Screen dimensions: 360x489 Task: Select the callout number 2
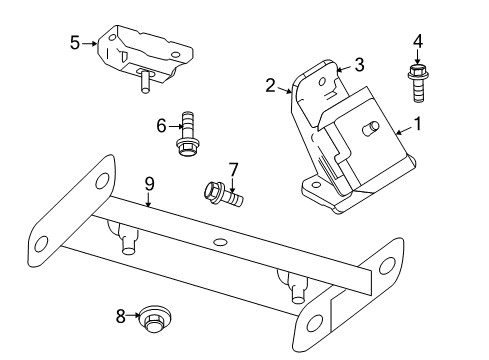(x=270, y=85)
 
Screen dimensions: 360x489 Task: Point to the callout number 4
(x=417, y=41)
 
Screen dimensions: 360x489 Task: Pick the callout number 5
(x=75, y=43)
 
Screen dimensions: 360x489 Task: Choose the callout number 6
(x=160, y=125)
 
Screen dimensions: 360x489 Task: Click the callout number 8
(x=121, y=317)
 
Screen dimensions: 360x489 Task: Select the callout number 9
(x=148, y=183)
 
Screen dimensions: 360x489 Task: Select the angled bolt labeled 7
(x=222, y=192)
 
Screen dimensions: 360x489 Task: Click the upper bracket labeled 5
(x=145, y=50)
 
